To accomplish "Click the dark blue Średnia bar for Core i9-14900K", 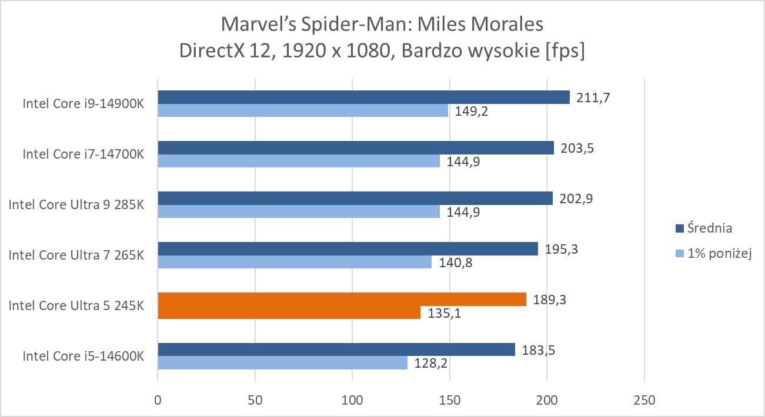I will [x=363, y=97].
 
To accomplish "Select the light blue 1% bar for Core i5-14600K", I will [x=282, y=363].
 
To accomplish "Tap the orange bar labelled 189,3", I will [x=342, y=299].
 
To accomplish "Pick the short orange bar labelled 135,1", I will [x=289, y=312].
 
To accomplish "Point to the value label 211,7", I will [x=593, y=97].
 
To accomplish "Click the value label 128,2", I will [x=430, y=364].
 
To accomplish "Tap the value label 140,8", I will [x=455, y=263].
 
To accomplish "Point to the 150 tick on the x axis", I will [x=449, y=400].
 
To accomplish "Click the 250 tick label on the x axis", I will [x=644, y=400].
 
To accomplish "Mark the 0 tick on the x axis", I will [x=158, y=400].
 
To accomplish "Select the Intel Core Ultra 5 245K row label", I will [x=76, y=305].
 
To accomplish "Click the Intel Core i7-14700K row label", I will [x=83, y=154].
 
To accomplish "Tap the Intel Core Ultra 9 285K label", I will [x=76, y=204].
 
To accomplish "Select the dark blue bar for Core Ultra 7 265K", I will [x=348, y=248].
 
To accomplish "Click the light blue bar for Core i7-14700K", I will [x=298, y=161].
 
